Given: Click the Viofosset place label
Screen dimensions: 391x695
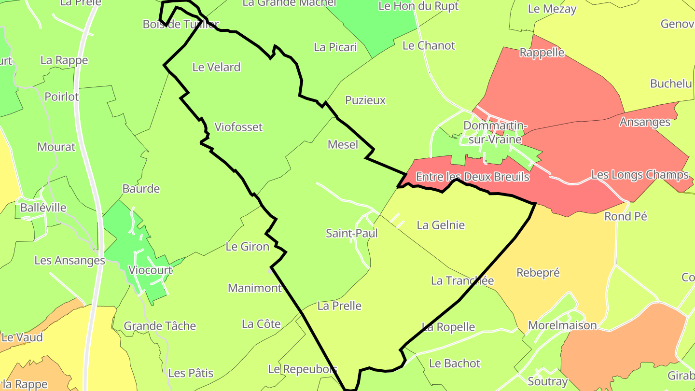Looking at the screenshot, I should click(238, 127).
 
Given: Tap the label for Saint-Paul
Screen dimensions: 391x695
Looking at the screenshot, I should click(352, 234).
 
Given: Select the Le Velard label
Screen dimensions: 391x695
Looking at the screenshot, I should click(216, 67).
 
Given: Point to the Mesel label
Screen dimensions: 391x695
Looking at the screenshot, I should click(343, 144).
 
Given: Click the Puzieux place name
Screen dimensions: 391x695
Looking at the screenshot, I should click(365, 100).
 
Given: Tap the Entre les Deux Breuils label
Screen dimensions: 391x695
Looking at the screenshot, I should click(473, 177).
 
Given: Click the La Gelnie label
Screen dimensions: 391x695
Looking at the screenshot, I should click(441, 225).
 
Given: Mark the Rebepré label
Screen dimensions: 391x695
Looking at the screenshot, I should click(538, 273).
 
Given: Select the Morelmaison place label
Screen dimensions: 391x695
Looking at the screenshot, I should click(562, 325).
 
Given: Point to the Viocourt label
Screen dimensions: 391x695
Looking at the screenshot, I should click(150, 270).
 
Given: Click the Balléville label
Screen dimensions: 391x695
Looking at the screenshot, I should click(43, 208).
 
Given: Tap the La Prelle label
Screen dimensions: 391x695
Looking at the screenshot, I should click(339, 306).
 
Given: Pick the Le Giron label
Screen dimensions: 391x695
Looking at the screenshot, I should click(248, 247).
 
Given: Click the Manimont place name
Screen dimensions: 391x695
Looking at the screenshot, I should click(255, 288).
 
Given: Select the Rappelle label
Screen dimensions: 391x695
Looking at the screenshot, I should click(542, 52).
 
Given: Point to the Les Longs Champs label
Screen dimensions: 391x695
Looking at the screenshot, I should click(640, 175).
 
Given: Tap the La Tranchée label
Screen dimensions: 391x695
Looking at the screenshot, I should click(462, 280).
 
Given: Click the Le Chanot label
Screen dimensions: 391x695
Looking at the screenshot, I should click(429, 46).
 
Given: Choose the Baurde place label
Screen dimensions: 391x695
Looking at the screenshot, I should click(141, 189).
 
